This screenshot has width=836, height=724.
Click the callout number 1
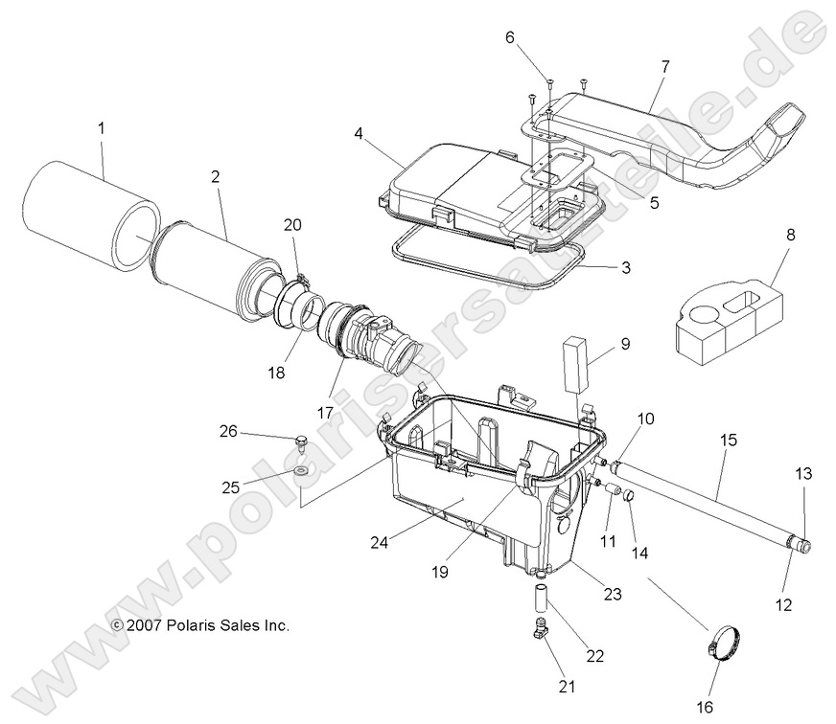pyautogui.click(x=101, y=127)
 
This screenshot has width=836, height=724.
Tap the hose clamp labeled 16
pyautogui.click(x=727, y=643)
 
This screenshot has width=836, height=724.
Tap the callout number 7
pyautogui.click(x=665, y=66)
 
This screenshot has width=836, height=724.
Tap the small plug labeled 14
pyautogui.click(x=630, y=497)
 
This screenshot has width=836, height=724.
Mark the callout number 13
pyautogui.click(x=803, y=474)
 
